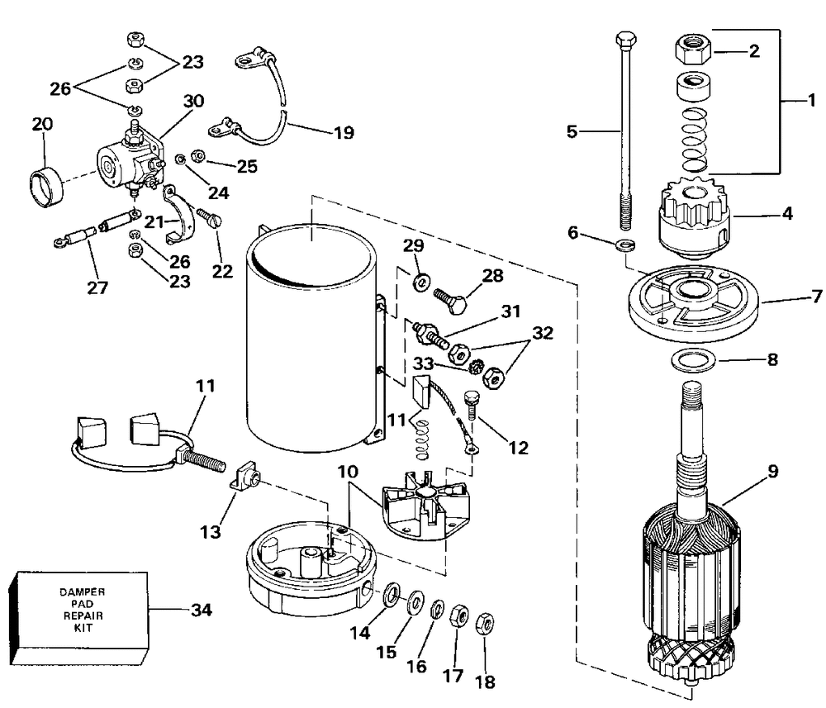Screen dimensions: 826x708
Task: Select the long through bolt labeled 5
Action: tap(625, 131)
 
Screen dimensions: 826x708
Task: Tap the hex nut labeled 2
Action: tap(693, 49)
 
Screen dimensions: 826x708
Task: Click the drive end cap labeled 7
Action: tap(693, 304)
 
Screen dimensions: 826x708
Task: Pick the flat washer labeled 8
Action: tap(692, 361)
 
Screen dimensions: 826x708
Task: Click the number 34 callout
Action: tap(201, 610)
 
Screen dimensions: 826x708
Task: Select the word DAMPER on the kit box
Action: tap(82, 592)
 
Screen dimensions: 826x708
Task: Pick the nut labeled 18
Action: tap(485, 625)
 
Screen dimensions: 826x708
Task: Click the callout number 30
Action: tap(193, 101)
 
